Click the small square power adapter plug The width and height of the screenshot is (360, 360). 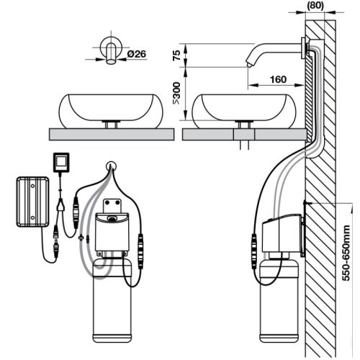(62, 162)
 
